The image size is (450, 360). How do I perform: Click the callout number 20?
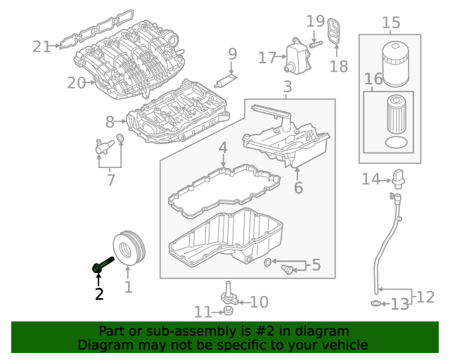[76, 83]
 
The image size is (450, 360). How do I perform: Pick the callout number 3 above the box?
[288, 87]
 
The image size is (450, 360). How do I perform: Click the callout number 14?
[371, 180]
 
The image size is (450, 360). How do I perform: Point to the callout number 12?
[425, 297]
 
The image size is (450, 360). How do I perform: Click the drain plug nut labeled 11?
[226, 310]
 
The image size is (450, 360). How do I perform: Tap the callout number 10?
[259, 302]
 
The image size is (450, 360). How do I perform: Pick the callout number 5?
[316, 265]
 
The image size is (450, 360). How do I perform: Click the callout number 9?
[232, 53]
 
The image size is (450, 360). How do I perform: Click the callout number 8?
[110, 121]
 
